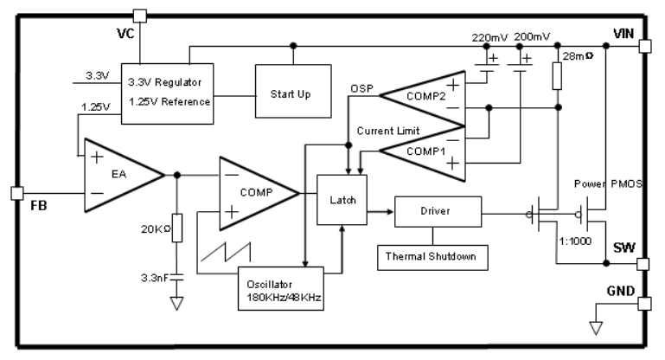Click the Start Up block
point(291,93)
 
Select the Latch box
point(343,201)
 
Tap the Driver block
point(437,210)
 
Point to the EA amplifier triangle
point(121,176)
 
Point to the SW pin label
point(623,248)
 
